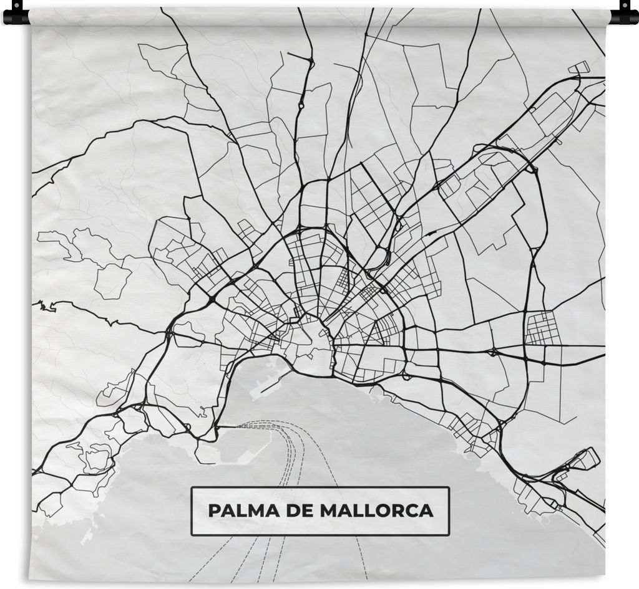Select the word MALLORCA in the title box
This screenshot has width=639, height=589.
(376, 511)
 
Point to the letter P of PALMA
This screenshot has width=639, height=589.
(213, 511)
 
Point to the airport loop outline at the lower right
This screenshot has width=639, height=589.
(585, 460)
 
